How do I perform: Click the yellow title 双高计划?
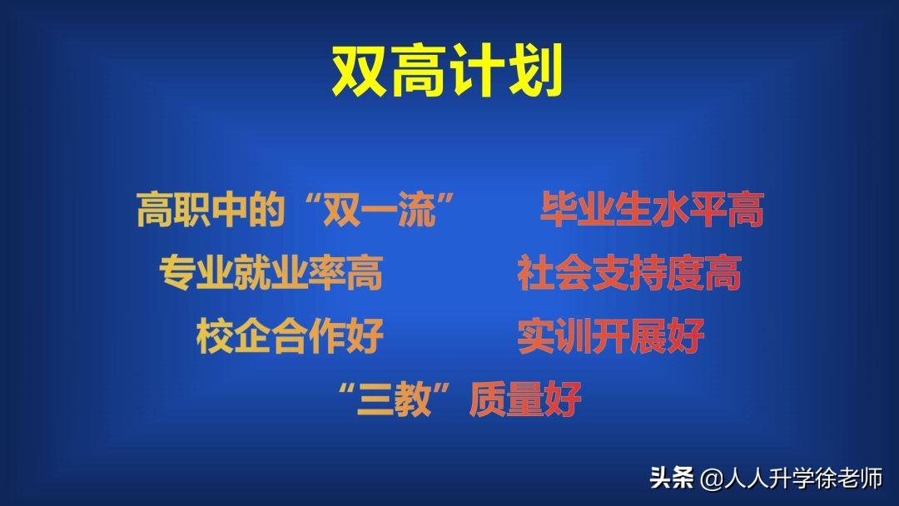pyautogui.click(x=447, y=71)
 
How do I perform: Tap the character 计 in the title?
pyautogui.click(x=474, y=71)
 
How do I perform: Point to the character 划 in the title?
pyautogui.click(x=534, y=71)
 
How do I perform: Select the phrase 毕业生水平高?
pyautogui.click(x=652, y=209)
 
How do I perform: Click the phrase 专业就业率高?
pyautogui.click(x=271, y=273)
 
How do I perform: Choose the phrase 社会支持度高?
pyautogui.click(x=629, y=273)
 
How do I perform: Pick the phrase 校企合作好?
pyautogui.click(x=290, y=335)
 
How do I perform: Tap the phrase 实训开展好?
pyautogui.click(x=611, y=335)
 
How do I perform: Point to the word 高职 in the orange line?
pyautogui.click(x=173, y=209)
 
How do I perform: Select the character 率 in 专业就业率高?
pyautogui.click(x=327, y=273)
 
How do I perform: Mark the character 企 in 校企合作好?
pyautogui.click(x=252, y=335)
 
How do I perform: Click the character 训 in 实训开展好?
pyautogui.click(x=574, y=335)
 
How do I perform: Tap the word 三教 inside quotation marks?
pyautogui.click(x=394, y=399)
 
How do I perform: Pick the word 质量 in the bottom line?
pyautogui.click(x=506, y=399)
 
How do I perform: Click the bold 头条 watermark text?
pyautogui.click(x=672, y=478)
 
